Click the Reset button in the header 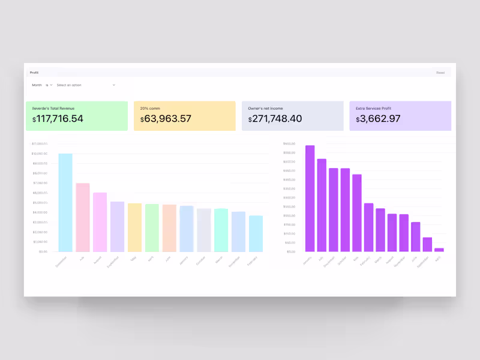click(440, 73)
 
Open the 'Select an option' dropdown click(85, 85)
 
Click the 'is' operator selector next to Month click(49, 85)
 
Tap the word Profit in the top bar click(34, 73)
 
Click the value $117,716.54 click(58, 119)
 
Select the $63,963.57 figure click(166, 119)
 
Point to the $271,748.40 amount click(275, 119)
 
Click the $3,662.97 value click(378, 119)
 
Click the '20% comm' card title click(148, 108)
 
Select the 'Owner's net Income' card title click(266, 108)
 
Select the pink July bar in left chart click(83, 217)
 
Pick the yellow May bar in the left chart click(134, 227)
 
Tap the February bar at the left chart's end click(256, 233)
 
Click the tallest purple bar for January click(310, 198)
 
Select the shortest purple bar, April click(439, 250)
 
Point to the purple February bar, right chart click(368, 227)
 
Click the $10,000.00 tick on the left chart click(40, 154)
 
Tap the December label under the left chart click(61, 262)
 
